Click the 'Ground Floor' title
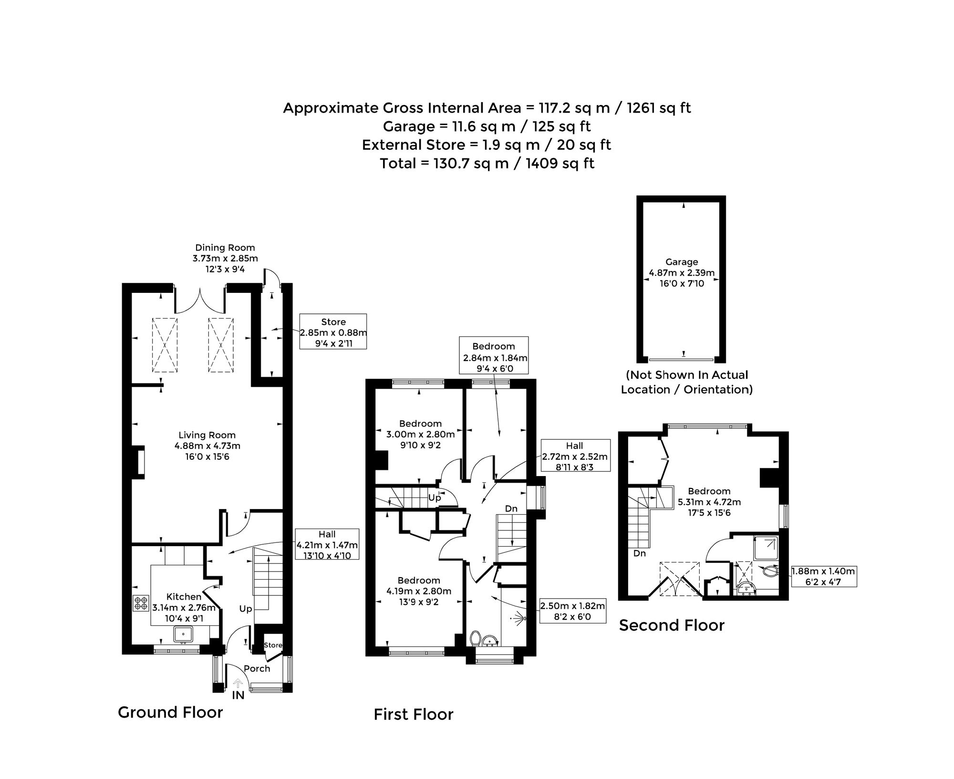170,712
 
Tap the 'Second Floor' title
672,625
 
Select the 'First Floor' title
414,714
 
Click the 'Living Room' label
207,435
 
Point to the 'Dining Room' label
225,248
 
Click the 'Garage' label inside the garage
682,262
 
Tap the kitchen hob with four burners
141,603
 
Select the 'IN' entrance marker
238,696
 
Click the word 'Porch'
257,669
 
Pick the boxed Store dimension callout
333,332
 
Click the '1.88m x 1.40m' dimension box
824,576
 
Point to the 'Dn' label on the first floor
511,509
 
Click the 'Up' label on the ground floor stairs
246,609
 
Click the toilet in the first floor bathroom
475,638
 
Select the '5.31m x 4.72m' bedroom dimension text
709,502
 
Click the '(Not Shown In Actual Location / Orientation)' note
686,382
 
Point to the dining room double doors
200,300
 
